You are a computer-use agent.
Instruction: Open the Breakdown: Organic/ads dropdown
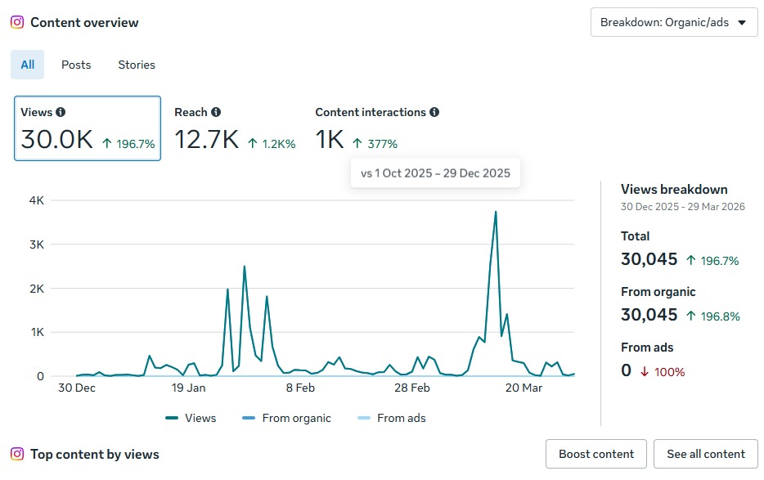(673, 23)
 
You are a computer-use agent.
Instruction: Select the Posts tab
(76, 65)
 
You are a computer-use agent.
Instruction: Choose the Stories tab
(137, 65)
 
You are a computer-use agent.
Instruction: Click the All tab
(28, 65)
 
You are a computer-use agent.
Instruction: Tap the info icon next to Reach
(215, 112)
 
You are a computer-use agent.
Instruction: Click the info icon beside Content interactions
(434, 112)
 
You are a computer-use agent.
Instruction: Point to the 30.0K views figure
(57, 141)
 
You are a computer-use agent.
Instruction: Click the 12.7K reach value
(206, 141)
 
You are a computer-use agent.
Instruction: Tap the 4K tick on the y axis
(35, 200)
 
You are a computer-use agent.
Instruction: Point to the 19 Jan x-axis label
(189, 388)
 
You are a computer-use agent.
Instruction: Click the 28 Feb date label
(411, 388)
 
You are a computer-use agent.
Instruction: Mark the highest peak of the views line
(496, 212)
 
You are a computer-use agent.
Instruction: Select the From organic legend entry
(287, 418)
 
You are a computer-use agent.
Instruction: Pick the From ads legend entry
(390, 418)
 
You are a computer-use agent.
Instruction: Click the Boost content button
(596, 454)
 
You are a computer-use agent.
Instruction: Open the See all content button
(706, 454)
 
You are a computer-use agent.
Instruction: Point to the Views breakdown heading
(674, 190)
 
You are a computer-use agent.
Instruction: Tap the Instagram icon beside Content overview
(17, 23)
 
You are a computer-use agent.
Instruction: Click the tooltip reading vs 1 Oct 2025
(435, 173)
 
